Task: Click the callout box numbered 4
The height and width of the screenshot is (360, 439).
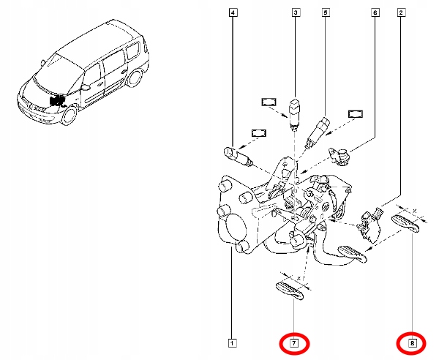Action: tap(233, 12)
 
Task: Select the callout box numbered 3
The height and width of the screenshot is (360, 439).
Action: tap(296, 12)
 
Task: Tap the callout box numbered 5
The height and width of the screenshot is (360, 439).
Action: tap(326, 12)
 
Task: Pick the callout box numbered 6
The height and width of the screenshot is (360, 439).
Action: tap(375, 12)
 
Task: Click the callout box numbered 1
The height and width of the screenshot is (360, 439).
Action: tap(232, 342)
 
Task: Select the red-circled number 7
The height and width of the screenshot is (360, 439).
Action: tap(293, 342)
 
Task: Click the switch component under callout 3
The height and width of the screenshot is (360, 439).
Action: tap(295, 111)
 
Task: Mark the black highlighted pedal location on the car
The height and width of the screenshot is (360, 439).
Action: tap(56, 102)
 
